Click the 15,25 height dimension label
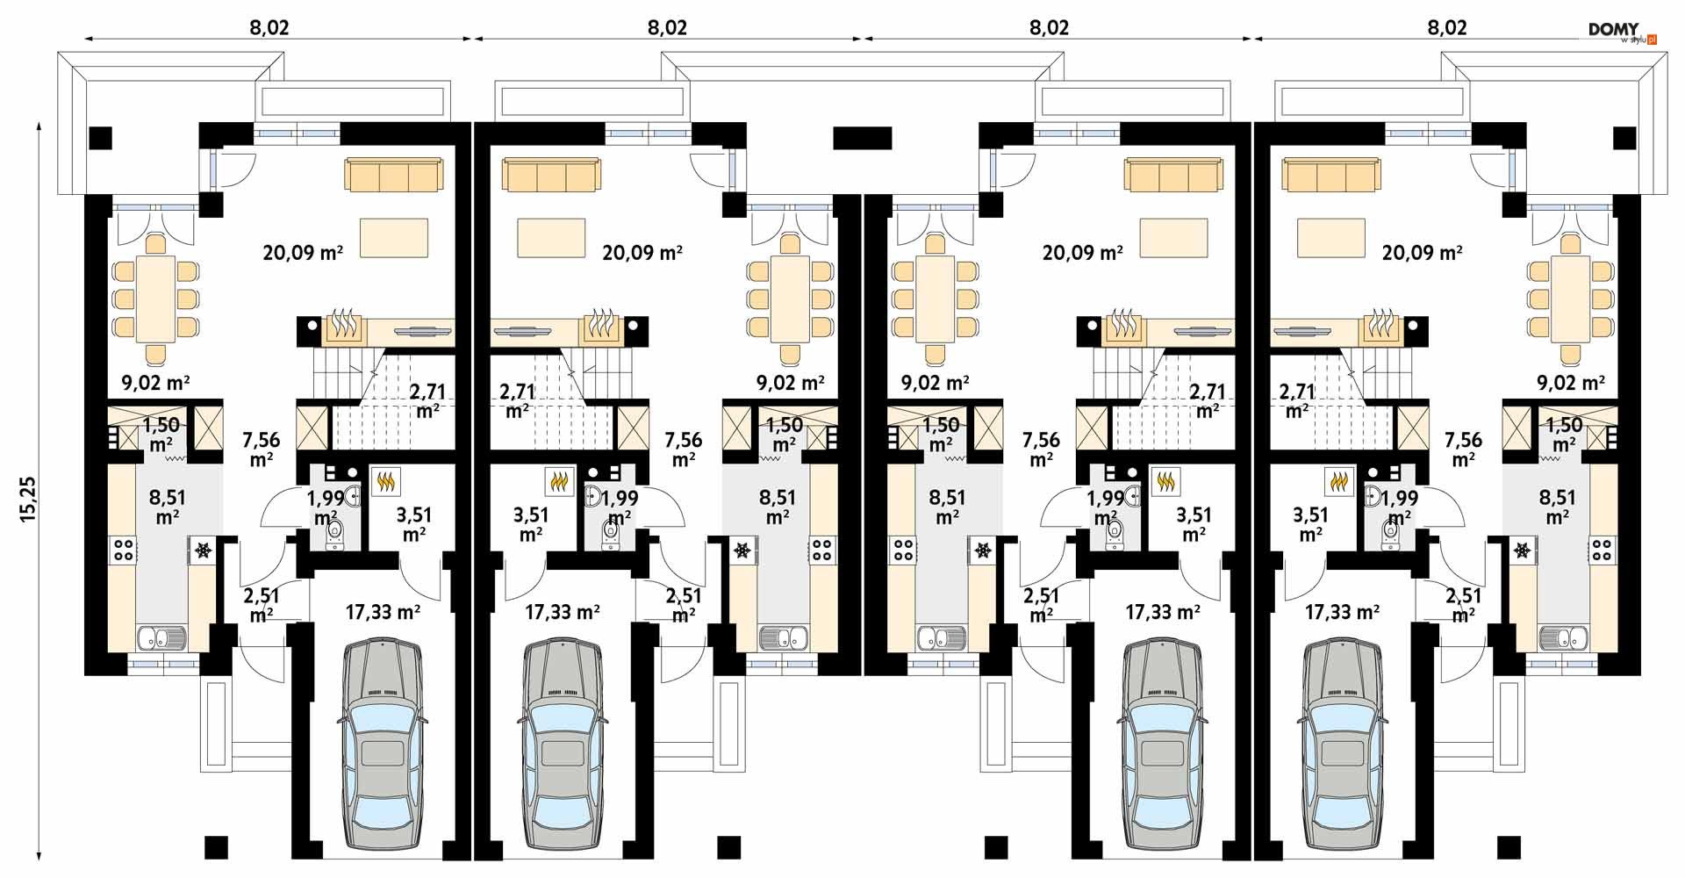[28, 500]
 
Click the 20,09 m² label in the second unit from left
[642, 253]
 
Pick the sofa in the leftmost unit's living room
[394, 175]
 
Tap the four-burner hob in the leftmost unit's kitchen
[123, 551]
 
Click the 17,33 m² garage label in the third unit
[1163, 612]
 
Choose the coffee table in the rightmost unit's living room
[1330, 238]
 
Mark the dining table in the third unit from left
[935, 299]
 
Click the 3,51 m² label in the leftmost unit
[414, 524]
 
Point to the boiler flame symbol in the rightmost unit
[1338, 480]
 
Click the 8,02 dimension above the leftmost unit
[269, 27]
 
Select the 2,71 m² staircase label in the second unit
[517, 400]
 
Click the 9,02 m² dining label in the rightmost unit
[1571, 383]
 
